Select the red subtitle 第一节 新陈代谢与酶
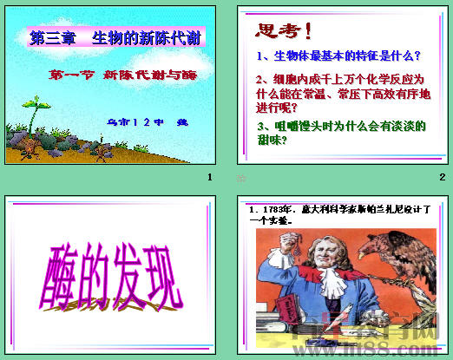122,75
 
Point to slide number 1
209,178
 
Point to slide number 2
442,178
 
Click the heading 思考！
286,32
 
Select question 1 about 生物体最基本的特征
339,56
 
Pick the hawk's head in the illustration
408,242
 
